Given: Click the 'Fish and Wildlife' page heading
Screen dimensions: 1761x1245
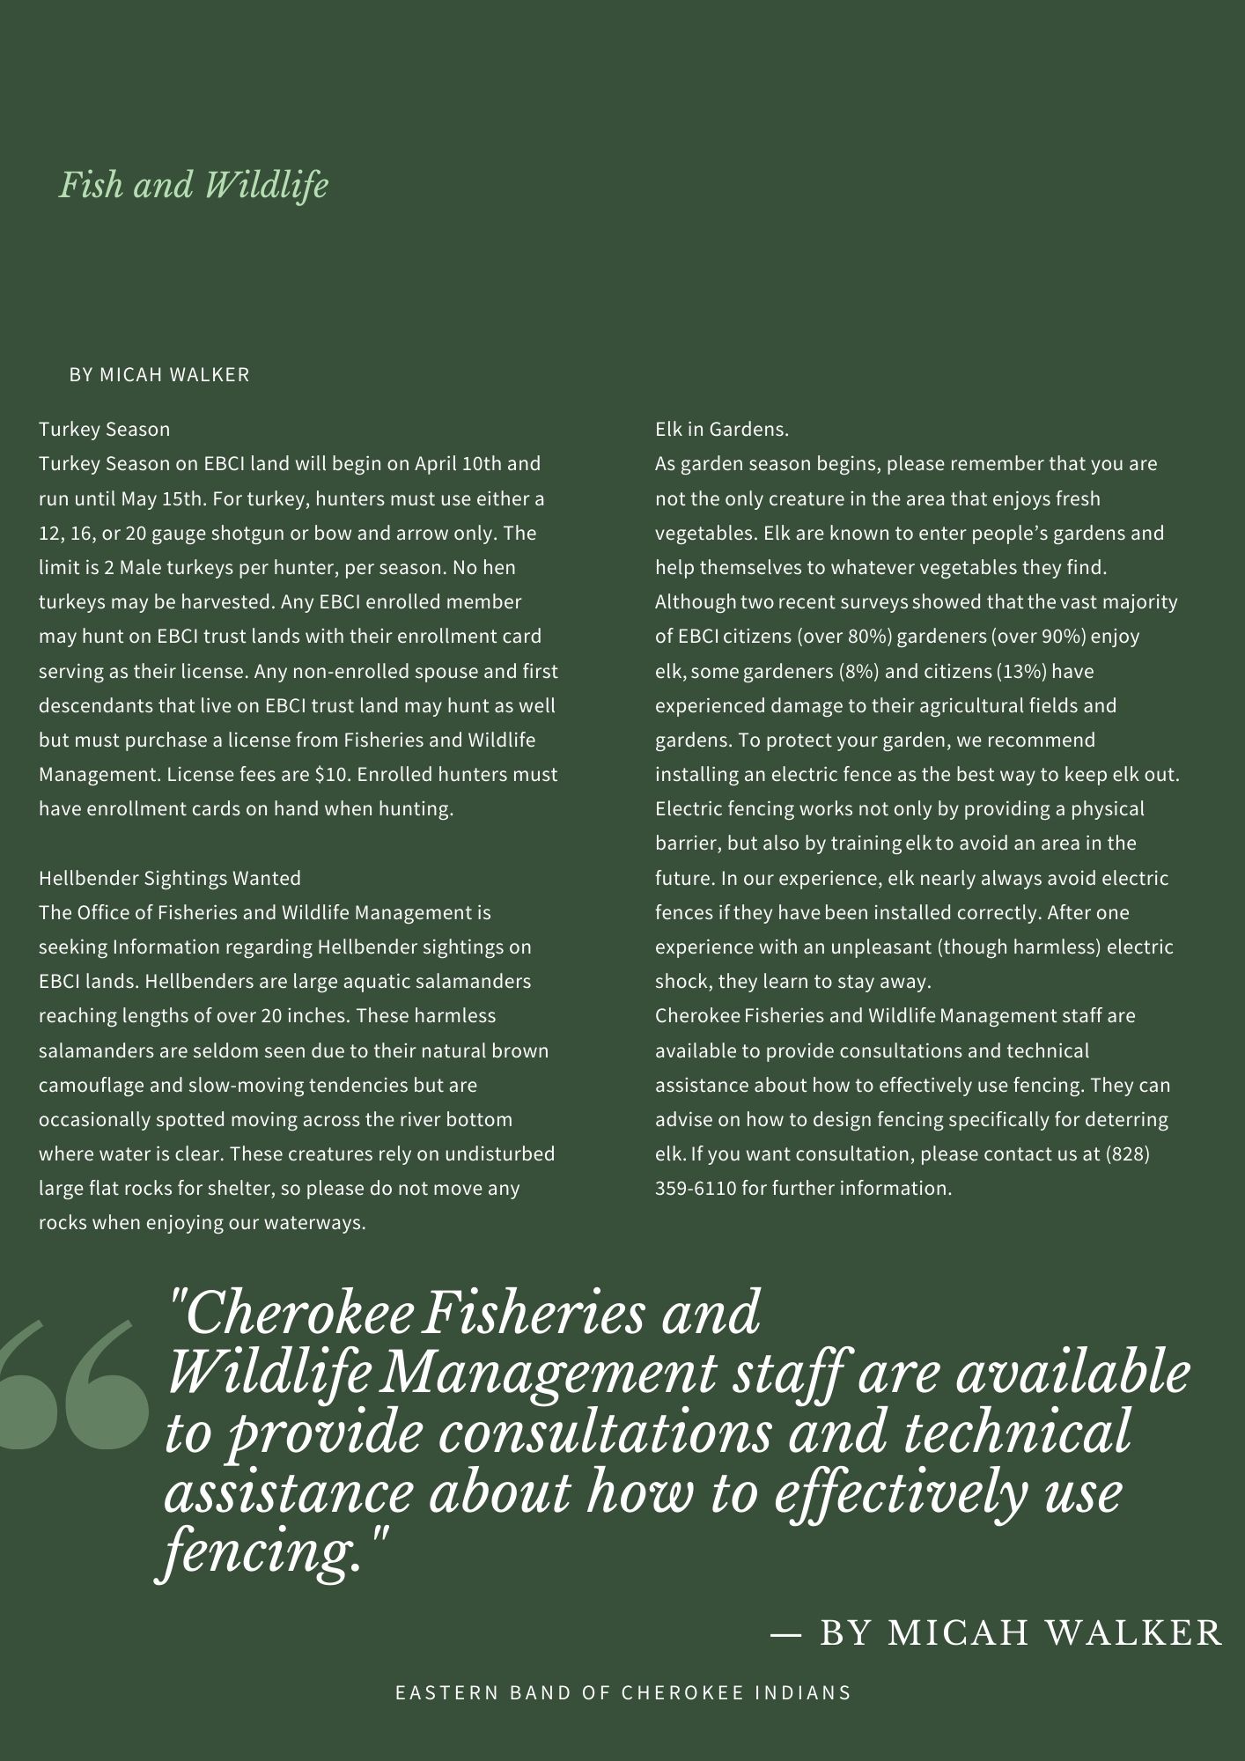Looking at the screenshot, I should click(194, 186).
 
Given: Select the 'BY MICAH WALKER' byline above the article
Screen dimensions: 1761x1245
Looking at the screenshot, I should click(159, 375).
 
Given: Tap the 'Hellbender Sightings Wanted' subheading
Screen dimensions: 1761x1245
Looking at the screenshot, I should click(170, 878).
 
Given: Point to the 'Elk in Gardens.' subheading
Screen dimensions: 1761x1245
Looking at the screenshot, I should click(722, 430).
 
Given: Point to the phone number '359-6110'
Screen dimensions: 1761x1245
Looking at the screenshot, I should click(696, 1189).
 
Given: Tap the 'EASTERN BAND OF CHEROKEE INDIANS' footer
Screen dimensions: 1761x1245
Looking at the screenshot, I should click(623, 1692).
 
